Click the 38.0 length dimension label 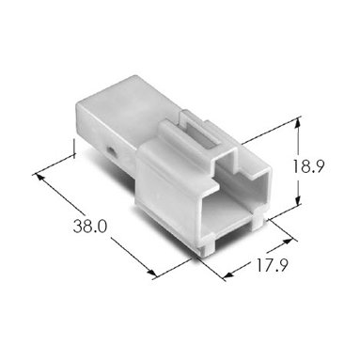pyautogui.click(x=90, y=226)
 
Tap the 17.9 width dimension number pyautogui.click(x=273, y=266)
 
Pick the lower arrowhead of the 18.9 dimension pyautogui.click(x=298, y=199)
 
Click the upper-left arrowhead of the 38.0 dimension pyautogui.click(x=39, y=177)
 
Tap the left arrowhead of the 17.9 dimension pyautogui.click(x=228, y=274)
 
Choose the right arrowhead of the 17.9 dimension pyautogui.click(x=288, y=242)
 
